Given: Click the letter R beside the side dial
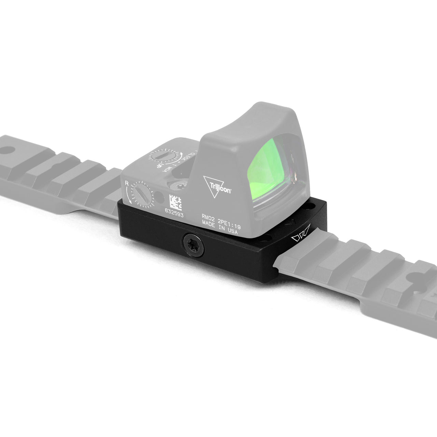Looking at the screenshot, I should click(127, 184).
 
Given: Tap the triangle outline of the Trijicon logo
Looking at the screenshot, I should click(213, 186).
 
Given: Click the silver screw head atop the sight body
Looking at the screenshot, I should click(178, 186).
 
